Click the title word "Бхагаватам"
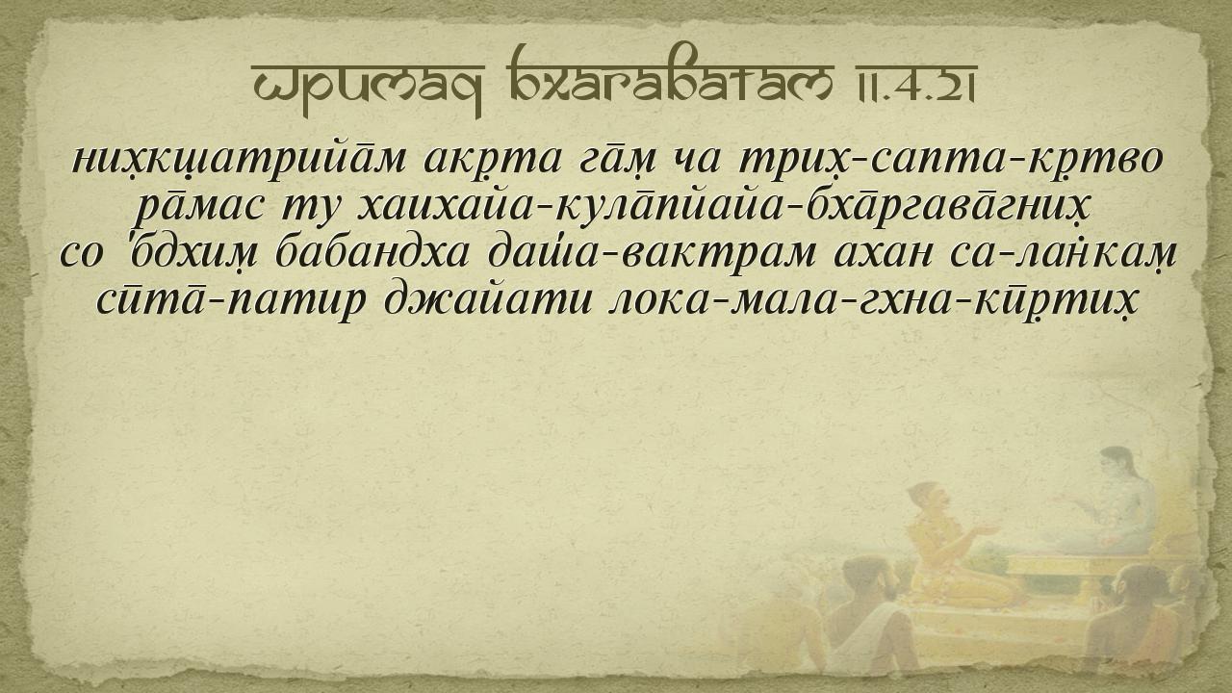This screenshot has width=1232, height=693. (x=667, y=79)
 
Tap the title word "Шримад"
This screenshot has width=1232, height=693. (x=367, y=87)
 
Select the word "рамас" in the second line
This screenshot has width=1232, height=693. (x=199, y=210)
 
